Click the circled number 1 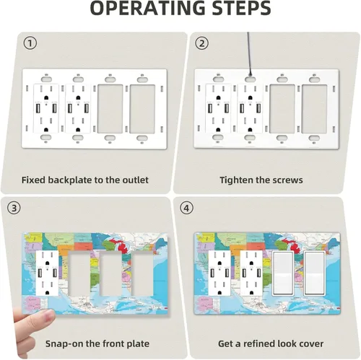(30, 43)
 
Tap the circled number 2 (201, 43)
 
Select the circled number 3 (14, 208)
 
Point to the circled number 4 (186, 208)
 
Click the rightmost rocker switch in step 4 (314, 273)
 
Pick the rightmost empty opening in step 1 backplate (142, 109)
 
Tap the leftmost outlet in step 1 (46, 108)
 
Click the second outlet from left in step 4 (251, 273)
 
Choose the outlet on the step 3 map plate (47, 273)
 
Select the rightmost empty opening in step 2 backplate (314, 109)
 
